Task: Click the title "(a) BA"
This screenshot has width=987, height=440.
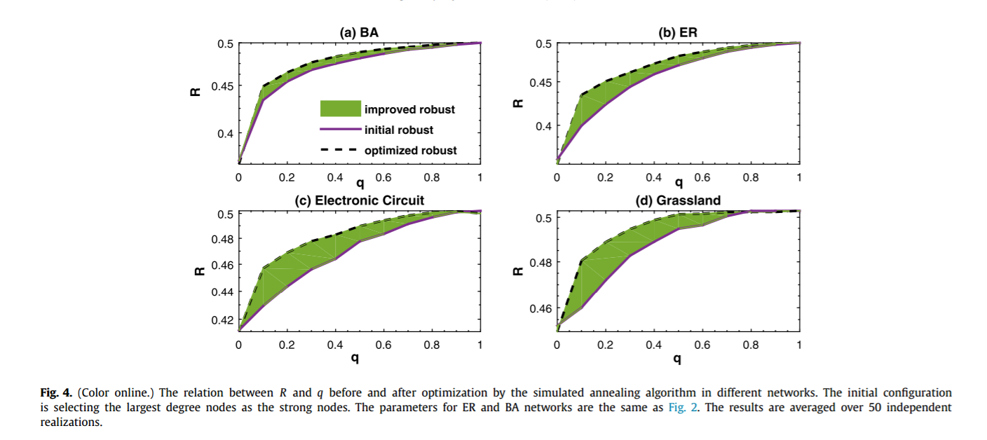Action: tap(359, 32)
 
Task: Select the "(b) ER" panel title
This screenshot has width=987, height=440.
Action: tap(678, 32)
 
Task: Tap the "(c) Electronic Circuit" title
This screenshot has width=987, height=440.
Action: tap(359, 200)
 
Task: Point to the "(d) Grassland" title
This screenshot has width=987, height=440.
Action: tap(678, 200)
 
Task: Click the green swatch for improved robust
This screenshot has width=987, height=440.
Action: tap(340, 109)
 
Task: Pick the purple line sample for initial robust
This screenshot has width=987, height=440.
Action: tap(340, 130)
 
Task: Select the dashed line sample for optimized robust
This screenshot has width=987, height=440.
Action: tap(340, 150)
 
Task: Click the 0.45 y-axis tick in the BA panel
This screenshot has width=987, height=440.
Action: tap(223, 86)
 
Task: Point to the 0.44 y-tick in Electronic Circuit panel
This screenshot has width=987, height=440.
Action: tap(223, 292)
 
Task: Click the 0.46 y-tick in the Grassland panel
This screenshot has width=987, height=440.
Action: tap(541, 308)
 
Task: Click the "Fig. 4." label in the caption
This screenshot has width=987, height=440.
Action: tap(54, 393)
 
